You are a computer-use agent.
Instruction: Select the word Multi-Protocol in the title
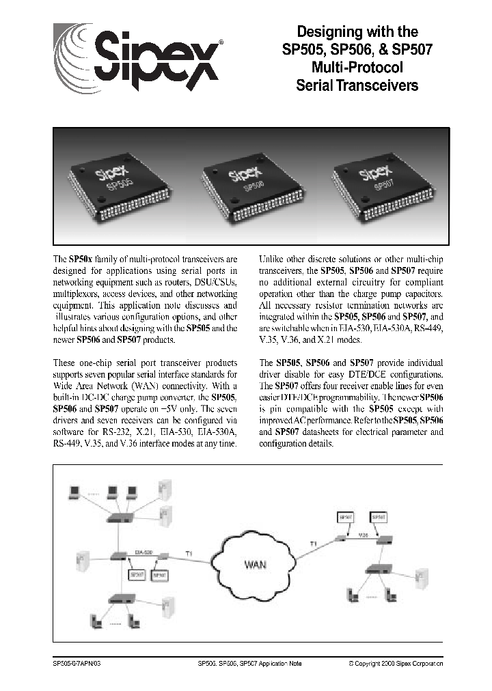pyautogui.click(x=357, y=68)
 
